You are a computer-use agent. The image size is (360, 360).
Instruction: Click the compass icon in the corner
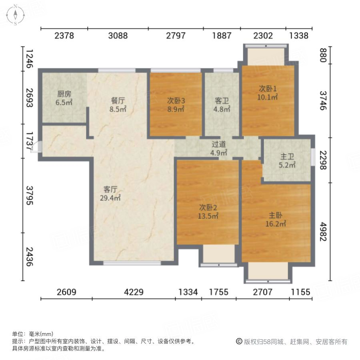(x=15, y=15)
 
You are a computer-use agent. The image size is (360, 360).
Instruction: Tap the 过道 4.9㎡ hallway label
(x=219, y=149)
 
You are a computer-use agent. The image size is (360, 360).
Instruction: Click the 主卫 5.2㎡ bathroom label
(x=287, y=161)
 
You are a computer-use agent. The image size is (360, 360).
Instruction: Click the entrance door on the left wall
(x=35, y=147)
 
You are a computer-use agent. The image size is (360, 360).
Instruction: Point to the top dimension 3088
(x=118, y=36)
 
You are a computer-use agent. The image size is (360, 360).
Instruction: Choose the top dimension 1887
(x=222, y=36)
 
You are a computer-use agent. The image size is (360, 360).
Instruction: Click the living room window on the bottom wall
(x=132, y=263)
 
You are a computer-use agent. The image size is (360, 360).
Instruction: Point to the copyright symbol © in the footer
(x=239, y=342)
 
